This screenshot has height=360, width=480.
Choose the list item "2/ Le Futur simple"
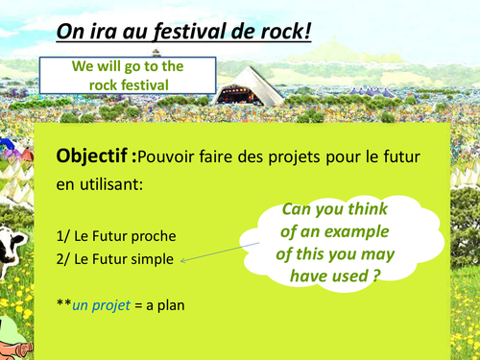(117, 258)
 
